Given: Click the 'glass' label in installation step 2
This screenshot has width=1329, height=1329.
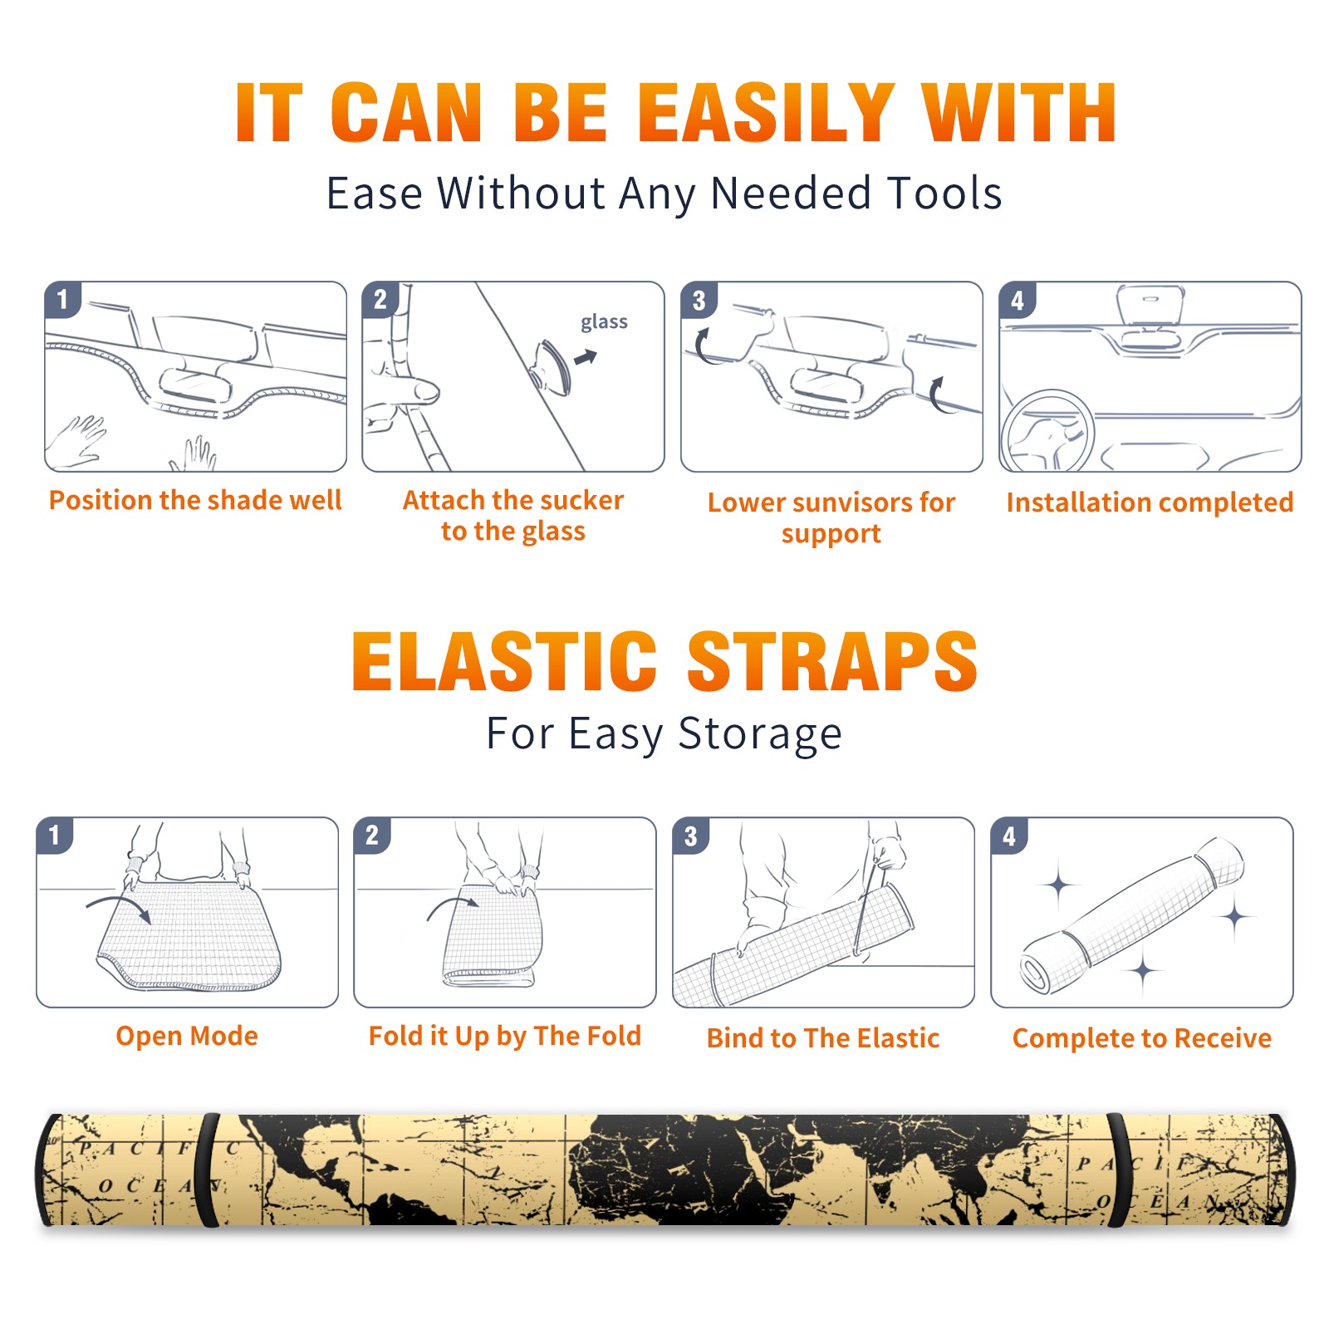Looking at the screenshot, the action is [604, 322].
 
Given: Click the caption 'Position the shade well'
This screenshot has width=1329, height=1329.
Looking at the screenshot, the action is [195, 500].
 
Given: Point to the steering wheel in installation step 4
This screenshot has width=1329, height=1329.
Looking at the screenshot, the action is [1048, 431].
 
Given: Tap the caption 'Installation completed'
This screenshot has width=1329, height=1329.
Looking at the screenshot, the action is [1150, 503].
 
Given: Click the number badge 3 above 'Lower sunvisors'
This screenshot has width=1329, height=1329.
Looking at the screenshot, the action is [699, 301].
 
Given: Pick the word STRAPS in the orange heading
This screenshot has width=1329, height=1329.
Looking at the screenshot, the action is [832, 661].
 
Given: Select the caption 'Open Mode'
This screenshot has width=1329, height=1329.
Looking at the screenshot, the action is [187, 1036].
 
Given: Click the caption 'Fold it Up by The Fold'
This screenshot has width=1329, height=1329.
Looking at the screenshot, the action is [505, 1036].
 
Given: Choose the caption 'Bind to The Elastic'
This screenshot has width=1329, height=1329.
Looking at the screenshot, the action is [823, 1038].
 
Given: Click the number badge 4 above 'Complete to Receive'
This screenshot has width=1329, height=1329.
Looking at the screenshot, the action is [1009, 836].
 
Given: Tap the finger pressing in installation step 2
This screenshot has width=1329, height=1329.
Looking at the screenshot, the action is [407, 389].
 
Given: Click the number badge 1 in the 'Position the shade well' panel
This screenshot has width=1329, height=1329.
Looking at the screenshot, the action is [62, 300].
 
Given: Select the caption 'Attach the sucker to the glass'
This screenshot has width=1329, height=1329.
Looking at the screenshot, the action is [513, 516].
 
